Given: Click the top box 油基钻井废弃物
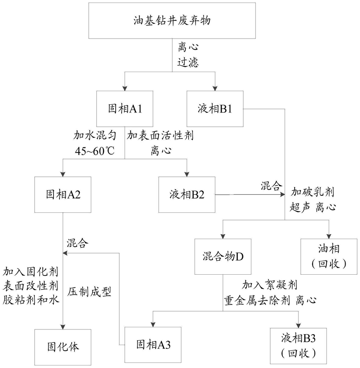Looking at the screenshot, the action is (x=172, y=21).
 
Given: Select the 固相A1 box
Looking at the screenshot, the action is (x=125, y=109).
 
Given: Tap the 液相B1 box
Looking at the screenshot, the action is (x=215, y=109).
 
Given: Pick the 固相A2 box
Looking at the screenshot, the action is (x=63, y=195).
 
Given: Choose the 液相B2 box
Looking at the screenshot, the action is (x=187, y=195).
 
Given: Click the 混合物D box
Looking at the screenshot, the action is (x=223, y=256).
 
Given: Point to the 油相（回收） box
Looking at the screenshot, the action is (x=329, y=256).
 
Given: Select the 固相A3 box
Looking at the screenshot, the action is (x=153, y=345).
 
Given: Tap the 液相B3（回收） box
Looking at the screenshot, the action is (x=299, y=346).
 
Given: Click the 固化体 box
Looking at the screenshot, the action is (x=63, y=347).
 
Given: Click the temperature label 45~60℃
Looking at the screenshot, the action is (x=95, y=151).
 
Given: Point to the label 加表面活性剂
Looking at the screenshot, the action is (x=160, y=136).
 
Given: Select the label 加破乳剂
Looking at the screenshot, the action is (x=313, y=192).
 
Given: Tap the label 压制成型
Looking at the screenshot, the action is (x=89, y=292).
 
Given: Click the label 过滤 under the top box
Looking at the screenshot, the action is (x=188, y=63).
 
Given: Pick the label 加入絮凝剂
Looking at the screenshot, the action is (x=270, y=285).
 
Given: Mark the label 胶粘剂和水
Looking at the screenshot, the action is (x=31, y=300).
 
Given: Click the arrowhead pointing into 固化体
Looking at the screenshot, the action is (x=63, y=327).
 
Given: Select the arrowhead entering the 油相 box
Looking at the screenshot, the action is (x=329, y=236).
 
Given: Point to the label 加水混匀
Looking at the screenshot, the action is (x=95, y=136).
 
